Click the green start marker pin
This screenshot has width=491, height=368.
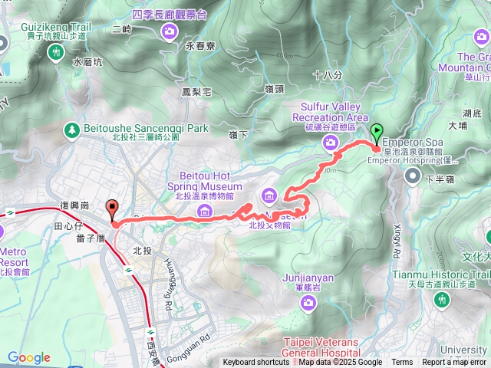(377, 131)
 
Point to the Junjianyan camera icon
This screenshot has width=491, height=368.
(308, 281)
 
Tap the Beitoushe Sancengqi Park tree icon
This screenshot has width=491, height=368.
(72, 129)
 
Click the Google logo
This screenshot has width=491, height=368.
(28, 357)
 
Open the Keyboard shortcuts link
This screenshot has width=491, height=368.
(256, 363)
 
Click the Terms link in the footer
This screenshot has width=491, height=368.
(402, 363)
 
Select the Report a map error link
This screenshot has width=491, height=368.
(454, 363)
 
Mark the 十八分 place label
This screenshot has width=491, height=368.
(328, 75)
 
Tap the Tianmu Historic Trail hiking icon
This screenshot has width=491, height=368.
(441, 299)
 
